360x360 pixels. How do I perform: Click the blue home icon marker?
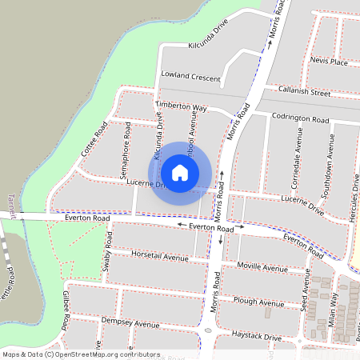[x=180, y=173]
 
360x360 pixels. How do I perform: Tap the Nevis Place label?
[x=329, y=61]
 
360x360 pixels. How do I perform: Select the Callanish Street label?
[x=303, y=93]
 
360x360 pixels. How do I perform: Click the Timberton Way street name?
[x=181, y=106]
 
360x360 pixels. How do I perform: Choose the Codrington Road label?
[x=300, y=118]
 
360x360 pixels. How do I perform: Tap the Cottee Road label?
[x=94, y=139]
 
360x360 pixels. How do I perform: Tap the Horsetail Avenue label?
[x=159, y=257]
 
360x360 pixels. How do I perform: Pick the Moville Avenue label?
[x=262, y=267]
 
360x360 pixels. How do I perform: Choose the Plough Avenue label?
[x=258, y=302]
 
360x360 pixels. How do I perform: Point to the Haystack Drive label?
[x=250, y=338]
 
